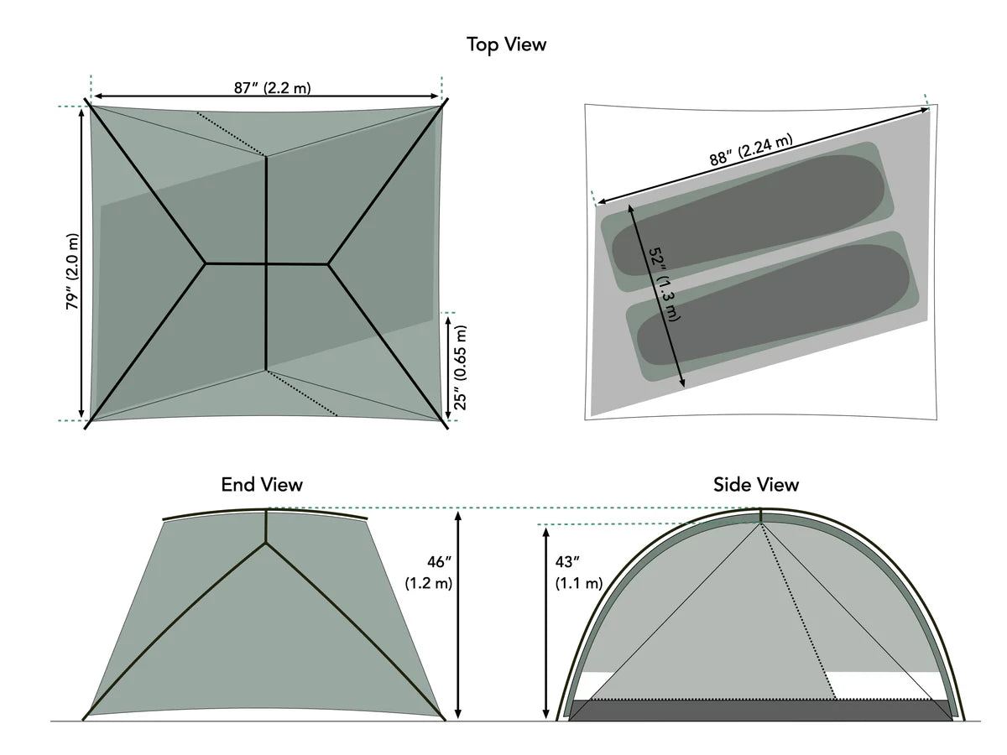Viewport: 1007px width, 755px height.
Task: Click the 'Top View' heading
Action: point(506,44)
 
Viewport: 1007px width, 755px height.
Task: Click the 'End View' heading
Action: point(262,484)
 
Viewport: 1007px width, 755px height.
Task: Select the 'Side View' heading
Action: point(756,484)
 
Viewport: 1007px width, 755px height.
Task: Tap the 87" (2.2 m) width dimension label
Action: point(266,87)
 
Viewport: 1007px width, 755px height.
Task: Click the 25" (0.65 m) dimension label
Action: point(461,367)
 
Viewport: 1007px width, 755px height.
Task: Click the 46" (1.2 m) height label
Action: point(428,571)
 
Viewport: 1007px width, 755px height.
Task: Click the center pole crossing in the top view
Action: point(266,264)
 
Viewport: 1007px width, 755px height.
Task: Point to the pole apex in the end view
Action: point(266,542)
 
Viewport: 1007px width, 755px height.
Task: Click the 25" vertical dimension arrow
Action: point(447,367)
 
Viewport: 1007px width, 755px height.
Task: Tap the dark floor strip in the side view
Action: point(759,710)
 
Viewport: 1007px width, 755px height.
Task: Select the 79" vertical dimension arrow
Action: point(81,263)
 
